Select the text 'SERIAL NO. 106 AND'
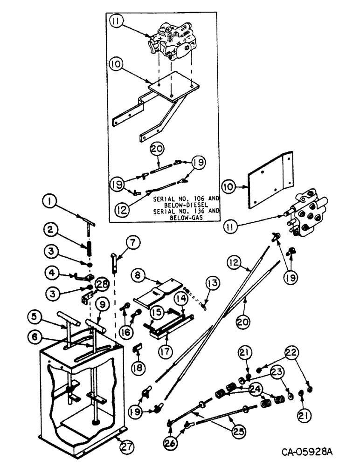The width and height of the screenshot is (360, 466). pyautogui.click(x=178, y=198)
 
